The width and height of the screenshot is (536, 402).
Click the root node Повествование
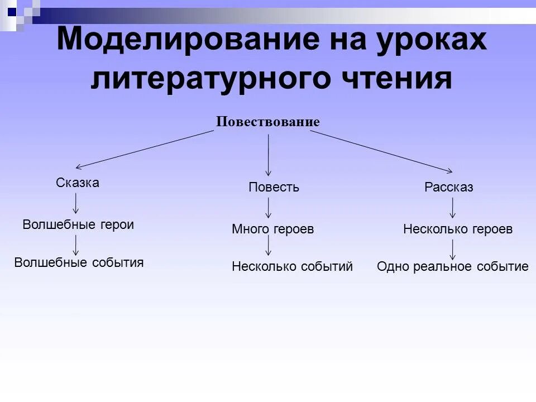coord(268,122)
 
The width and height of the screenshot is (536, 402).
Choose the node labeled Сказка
coord(78,183)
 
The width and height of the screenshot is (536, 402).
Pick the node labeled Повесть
coord(274,187)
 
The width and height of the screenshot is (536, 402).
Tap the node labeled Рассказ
coord(449,187)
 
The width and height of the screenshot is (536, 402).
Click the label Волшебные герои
coord(78,224)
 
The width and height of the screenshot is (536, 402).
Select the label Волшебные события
coord(79,262)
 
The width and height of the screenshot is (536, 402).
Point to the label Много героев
coord(273,229)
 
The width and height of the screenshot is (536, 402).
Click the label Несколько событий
coord(292,266)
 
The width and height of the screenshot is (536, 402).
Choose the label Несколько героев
coord(458,229)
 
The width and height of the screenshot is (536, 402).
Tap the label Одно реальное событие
coord(452,266)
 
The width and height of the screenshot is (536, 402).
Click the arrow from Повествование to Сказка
coord(145,149)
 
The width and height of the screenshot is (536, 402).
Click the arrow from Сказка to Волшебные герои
coord(76,204)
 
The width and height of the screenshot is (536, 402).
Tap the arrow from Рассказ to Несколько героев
coord(453,208)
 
